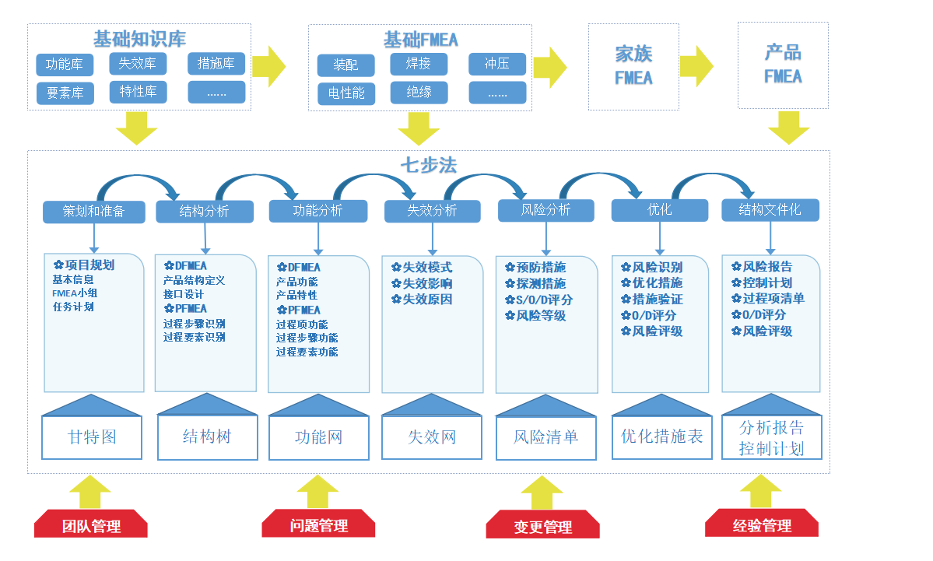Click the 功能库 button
pyautogui.click(x=65, y=65)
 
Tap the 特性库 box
pyautogui.click(x=138, y=92)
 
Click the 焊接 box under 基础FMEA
pyautogui.click(x=419, y=64)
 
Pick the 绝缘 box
pyautogui.click(x=419, y=93)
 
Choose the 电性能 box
pyautogui.click(x=346, y=93)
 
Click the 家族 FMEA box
pyautogui.click(x=633, y=66)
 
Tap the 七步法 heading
pyautogui.click(x=429, y=166)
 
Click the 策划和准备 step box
pyautogui.click(x=93, y=211)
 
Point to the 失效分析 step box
pyautogui.click(x=432, y=211)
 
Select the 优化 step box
pyautogui.click(x=660, y=210)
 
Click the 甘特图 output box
pyautogui.click(x=92, y=437)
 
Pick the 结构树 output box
pyautogui.click(x=206, y=437)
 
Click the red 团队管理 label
pyautogui.click(x=91, y=526)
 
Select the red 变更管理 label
pyautogui.click(x=542, y=527)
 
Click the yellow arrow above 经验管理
pyautogui.click(x=760, y=492)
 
